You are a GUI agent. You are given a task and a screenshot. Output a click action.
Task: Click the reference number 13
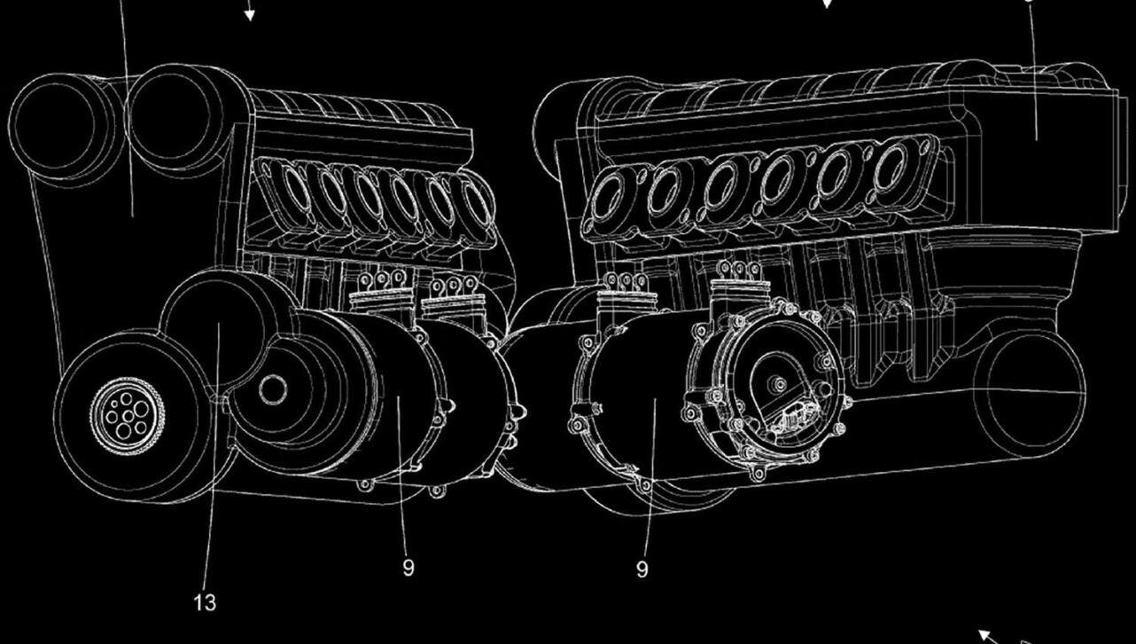[204, 603]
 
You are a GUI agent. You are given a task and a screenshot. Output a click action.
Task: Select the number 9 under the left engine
[408, 568]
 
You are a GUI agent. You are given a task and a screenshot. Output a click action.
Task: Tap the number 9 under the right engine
[642, 569]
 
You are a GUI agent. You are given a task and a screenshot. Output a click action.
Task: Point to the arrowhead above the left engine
[250, 13]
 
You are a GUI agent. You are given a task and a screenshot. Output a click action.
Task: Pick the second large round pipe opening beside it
[173, 115]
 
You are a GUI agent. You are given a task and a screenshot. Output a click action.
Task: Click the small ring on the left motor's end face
[274, 388]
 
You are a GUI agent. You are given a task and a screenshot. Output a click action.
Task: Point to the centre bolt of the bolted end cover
[780, 383]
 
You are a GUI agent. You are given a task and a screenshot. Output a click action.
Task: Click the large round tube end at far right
[1028, 390]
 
